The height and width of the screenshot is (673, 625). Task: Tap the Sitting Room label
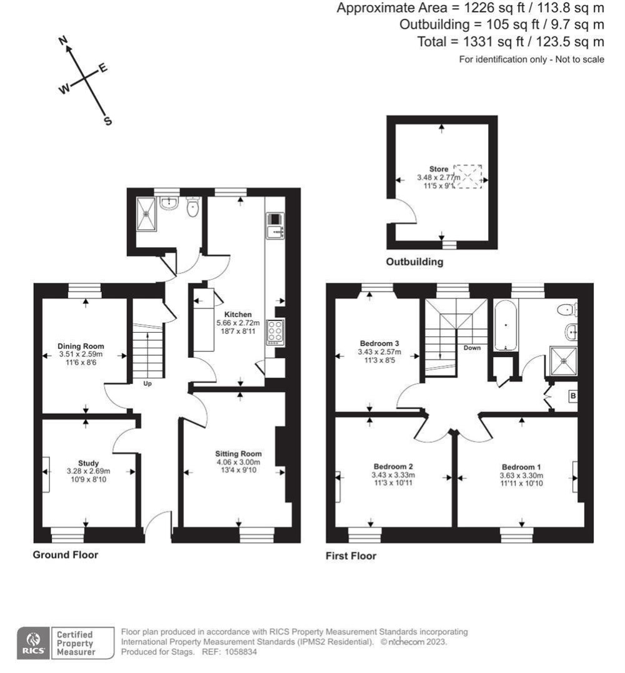point(238,454)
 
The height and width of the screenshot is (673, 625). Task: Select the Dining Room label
point(81,346)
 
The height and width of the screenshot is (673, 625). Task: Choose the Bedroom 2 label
point(394,466)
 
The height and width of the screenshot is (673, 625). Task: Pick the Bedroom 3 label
point(379,343)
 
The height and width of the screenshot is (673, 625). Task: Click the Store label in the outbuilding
point(438,169)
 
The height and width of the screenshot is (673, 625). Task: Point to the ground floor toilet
point(193,207)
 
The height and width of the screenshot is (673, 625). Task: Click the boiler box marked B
point(572,396)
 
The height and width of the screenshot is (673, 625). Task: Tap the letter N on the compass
point(62,41)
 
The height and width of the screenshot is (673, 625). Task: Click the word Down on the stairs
point(472,348)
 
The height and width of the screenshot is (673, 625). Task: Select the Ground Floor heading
point(65,554)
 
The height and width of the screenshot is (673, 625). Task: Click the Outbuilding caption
point(414,262)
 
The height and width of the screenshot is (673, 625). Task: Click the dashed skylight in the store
point(468,176)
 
